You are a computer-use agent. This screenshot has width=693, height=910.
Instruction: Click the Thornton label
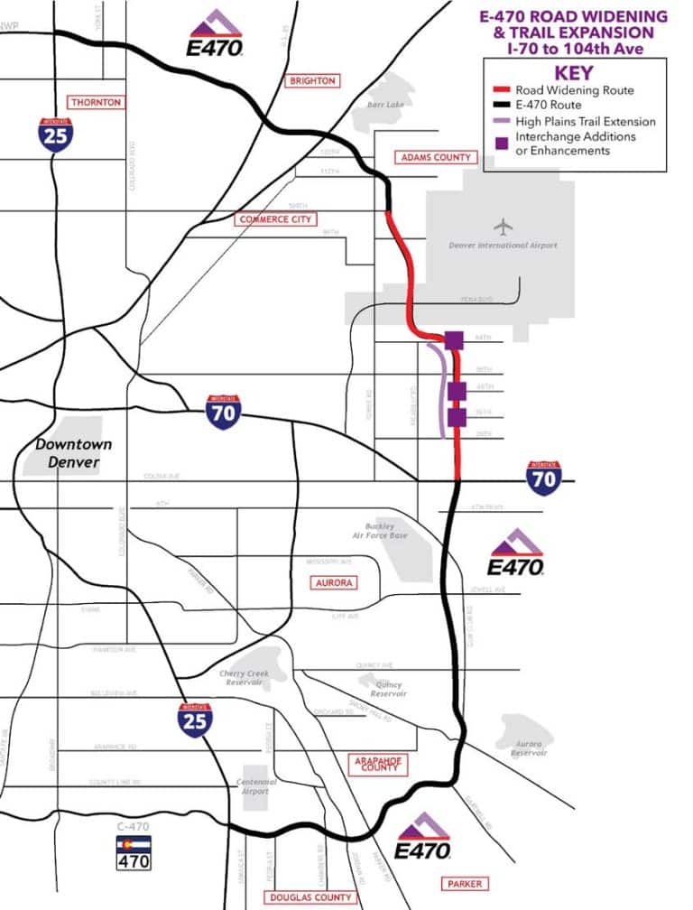[96, 102]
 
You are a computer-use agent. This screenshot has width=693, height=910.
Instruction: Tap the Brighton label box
[312, 80]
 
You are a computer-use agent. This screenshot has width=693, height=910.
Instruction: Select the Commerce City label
[275, 219]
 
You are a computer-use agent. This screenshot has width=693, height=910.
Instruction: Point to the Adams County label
[435, 157]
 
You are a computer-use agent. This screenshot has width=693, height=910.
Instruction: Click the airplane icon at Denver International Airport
[503, 226]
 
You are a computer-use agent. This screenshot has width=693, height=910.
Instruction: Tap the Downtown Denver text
[74, 453]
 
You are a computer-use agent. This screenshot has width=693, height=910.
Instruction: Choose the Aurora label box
[332, 583]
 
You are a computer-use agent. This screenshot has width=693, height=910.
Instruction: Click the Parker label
[465, 883]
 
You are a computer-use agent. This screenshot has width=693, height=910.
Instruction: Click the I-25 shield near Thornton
[56, 134]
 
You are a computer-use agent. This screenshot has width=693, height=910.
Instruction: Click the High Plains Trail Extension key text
[585, 121]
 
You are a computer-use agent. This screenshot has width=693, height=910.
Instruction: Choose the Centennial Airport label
[254, 786]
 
